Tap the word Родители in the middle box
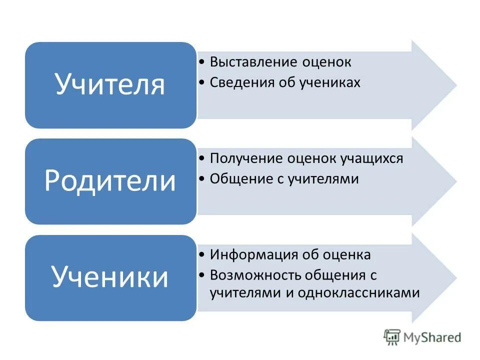110,181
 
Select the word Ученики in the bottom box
110,277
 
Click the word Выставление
254,62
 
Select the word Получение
247,158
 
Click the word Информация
254,255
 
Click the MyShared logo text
432,337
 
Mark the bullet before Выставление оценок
201,63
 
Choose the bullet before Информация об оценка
201,255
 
